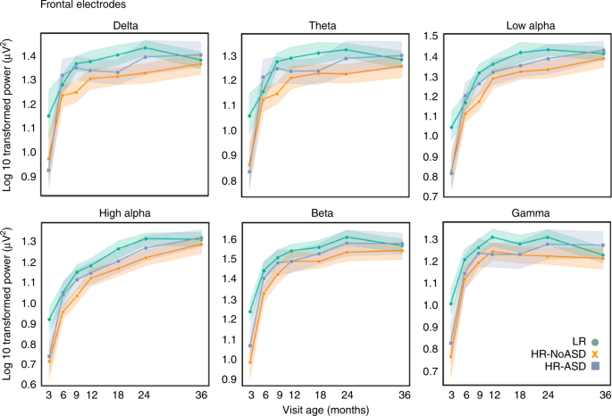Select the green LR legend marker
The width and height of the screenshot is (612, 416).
595,341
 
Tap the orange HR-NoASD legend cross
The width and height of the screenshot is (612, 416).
595,354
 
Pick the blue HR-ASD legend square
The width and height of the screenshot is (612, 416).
595,367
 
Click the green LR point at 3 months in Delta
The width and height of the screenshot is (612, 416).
48,116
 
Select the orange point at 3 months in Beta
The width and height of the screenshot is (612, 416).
251,362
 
